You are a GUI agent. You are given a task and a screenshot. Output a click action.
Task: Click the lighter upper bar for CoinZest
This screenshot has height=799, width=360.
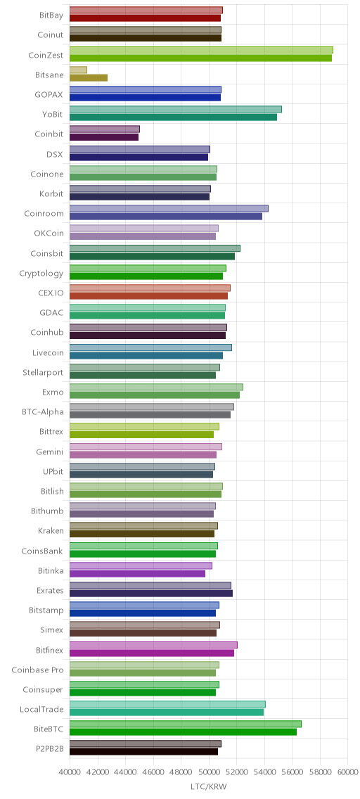click(x=201, y=50)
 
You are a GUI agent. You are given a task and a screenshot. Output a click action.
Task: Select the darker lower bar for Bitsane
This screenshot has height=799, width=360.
click(x=89, y=78)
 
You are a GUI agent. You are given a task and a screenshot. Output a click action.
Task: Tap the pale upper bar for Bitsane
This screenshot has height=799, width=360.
click(x=79, y=70)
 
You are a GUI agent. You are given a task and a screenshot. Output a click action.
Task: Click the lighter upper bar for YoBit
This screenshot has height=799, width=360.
click(x=176, y=110)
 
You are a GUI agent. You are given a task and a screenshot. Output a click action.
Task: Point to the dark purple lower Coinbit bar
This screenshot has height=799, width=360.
click(x=104, y=137)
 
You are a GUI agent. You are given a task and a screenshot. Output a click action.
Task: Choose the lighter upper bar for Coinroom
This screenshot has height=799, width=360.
click(x=169, y=208)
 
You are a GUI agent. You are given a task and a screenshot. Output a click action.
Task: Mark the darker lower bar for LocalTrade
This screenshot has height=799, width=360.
click(x=167, y=712)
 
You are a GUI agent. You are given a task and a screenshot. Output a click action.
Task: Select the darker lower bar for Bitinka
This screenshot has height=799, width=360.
click(x=138, y=574)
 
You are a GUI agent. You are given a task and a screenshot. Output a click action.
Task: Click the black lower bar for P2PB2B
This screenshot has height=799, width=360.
click(x=143, y=752)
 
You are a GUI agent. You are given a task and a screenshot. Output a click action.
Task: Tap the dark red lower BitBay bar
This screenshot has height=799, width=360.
click(x=145, y=18)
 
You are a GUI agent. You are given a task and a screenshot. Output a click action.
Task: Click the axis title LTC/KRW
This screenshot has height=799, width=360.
click(x=208, y=787)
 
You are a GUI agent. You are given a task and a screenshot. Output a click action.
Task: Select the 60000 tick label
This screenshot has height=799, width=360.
click(x=347, y=773)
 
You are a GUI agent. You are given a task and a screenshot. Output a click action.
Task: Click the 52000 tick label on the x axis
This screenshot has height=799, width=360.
click(x=236, y=773)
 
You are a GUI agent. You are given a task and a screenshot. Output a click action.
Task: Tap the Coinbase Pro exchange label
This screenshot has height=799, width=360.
click(x=38, y=670)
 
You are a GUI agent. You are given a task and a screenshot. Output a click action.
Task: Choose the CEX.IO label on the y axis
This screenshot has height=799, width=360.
click(x=51, y=293)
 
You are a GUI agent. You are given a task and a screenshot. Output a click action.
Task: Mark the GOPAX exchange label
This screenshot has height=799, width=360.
click(x=49, y=95)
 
